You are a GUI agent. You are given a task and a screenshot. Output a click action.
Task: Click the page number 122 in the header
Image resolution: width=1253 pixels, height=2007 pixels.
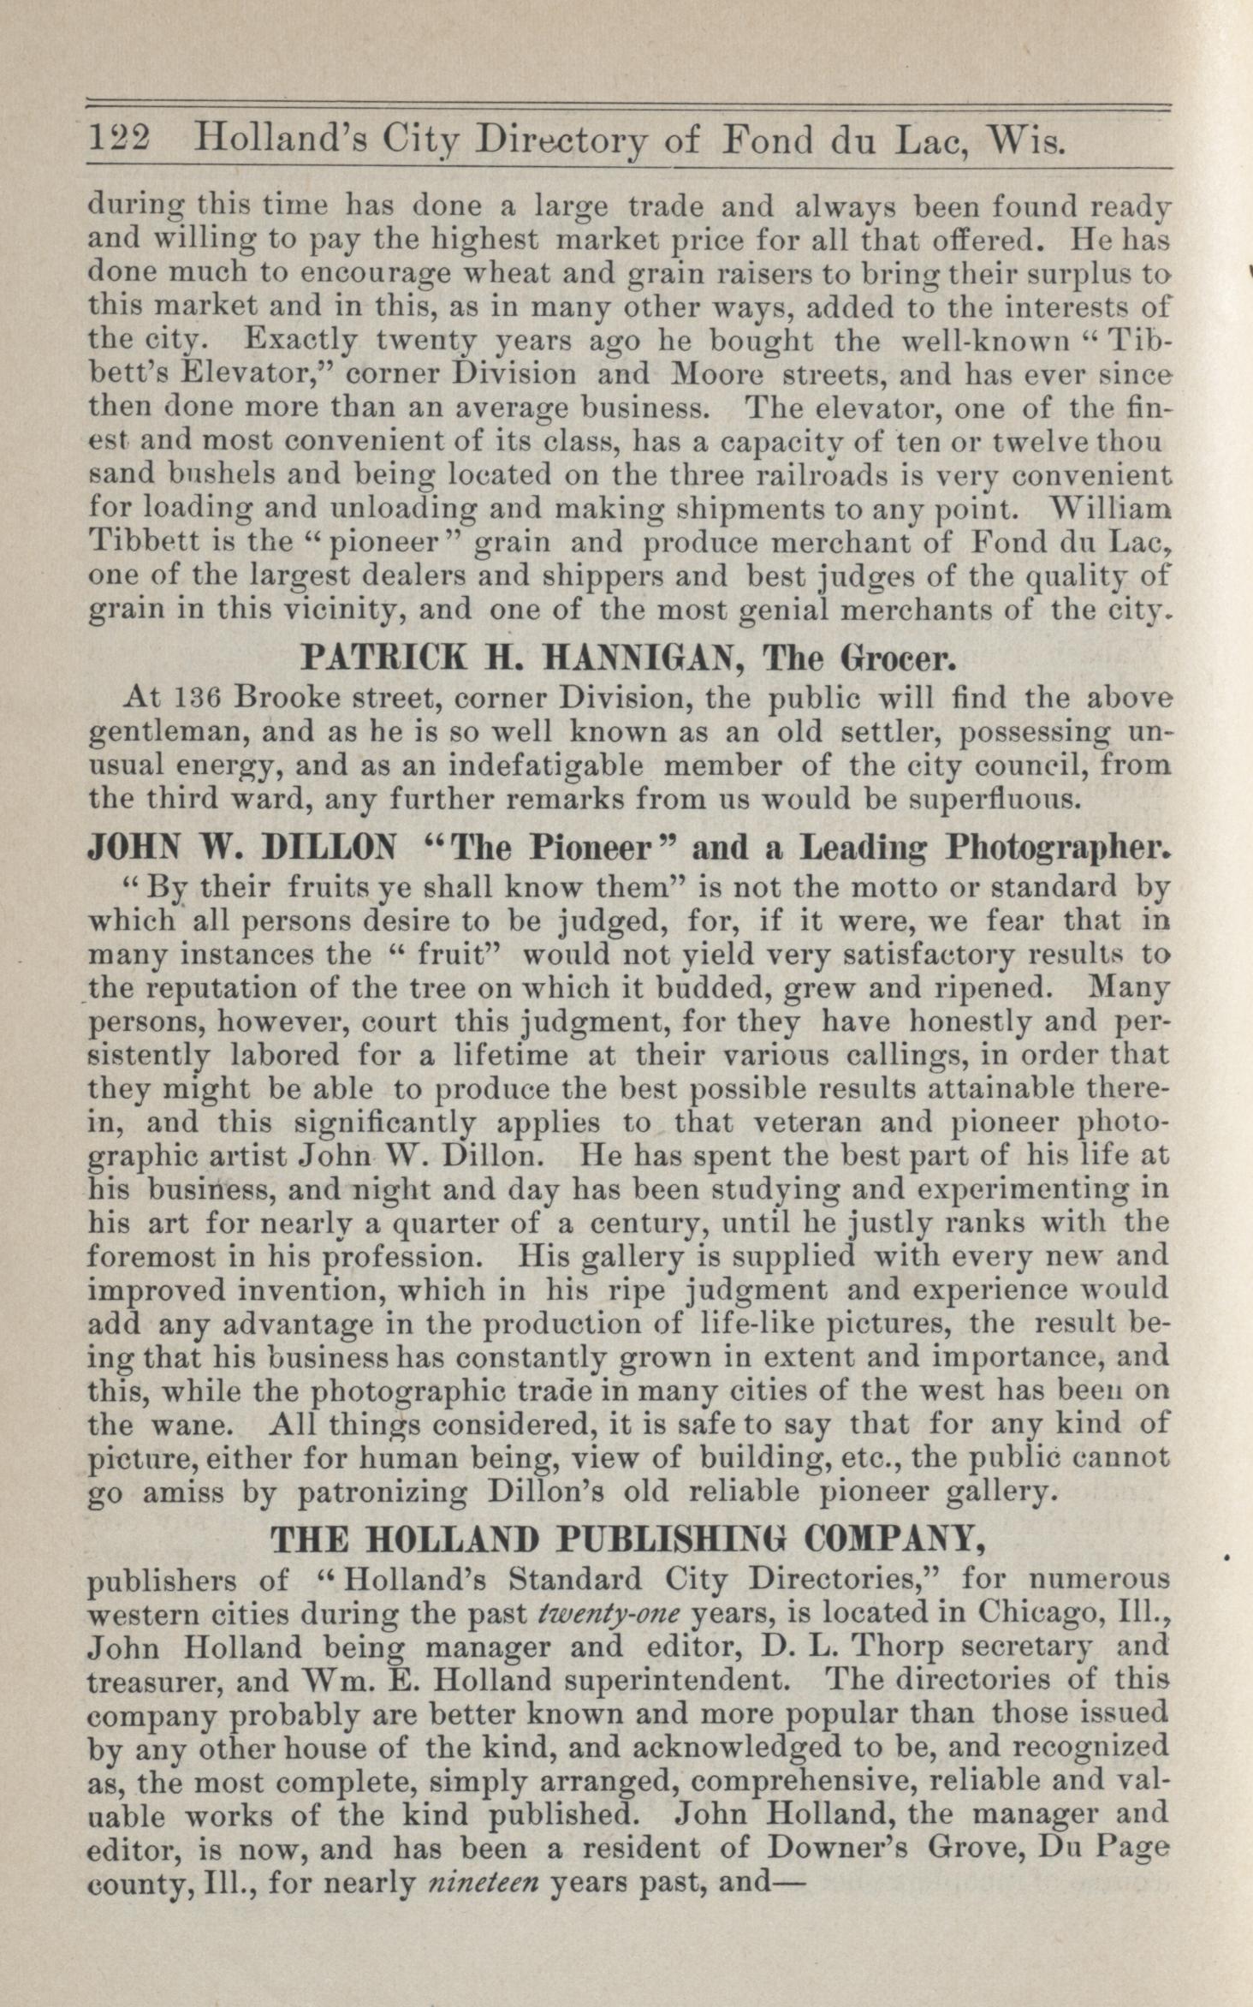tap(120, 137)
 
